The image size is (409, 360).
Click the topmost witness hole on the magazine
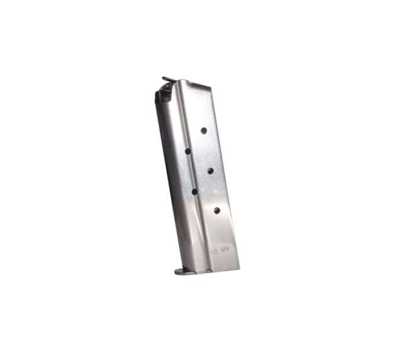pyautogui.click(x=204, y=130)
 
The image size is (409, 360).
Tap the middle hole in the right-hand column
pyautogui.click(x=210, y=170)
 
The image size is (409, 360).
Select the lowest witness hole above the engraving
pyautogui.click(x=217, y=210)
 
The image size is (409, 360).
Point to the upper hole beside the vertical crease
pyautogui.click(x=188, y=151)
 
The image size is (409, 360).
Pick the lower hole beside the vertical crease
pyautogui.click(x=194, y=191)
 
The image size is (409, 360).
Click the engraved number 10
pyautogui.click(x=215, y=250)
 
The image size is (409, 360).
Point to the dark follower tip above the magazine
pyautogui.click(x=167, y=79)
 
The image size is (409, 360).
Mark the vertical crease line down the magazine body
pyautogui.click(x=192, y=176)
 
